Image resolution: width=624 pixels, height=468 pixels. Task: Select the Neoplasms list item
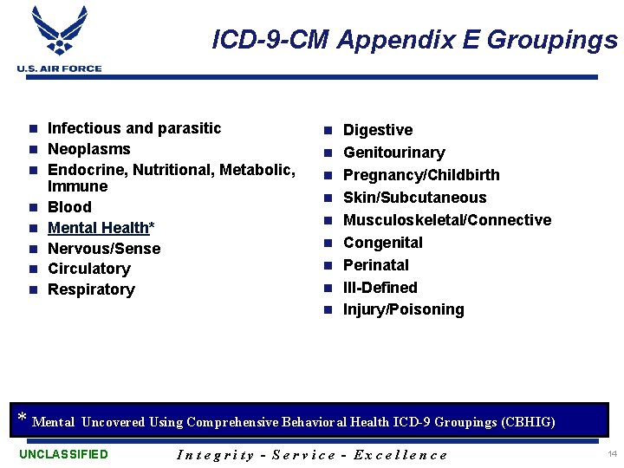tap(88, 149)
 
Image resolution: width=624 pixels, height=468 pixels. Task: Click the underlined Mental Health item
tap(98, 228)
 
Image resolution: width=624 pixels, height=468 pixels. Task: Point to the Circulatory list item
tap(88, 269)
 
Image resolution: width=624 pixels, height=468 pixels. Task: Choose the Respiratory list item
tap(91, 289)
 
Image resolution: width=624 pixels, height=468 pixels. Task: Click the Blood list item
tap(69, 207)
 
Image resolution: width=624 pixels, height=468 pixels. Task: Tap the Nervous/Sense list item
tap(104, 249)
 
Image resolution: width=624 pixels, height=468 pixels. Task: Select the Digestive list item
tap(378, 130)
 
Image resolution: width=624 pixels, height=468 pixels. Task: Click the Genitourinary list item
tap(393, 153)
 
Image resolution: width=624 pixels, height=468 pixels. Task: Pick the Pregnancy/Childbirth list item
tap(421, 175)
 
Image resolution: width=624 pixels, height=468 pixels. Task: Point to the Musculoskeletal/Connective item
tap(447, 220)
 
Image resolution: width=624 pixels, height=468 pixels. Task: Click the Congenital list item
tap(383, 243)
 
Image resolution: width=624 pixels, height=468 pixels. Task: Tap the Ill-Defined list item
tap(380, 288)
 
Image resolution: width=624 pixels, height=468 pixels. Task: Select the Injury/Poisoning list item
tap(403, 309)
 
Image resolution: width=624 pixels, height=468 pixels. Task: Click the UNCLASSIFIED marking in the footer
tap(63, 454)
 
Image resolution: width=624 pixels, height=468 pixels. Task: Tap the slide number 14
tap(612, 454)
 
